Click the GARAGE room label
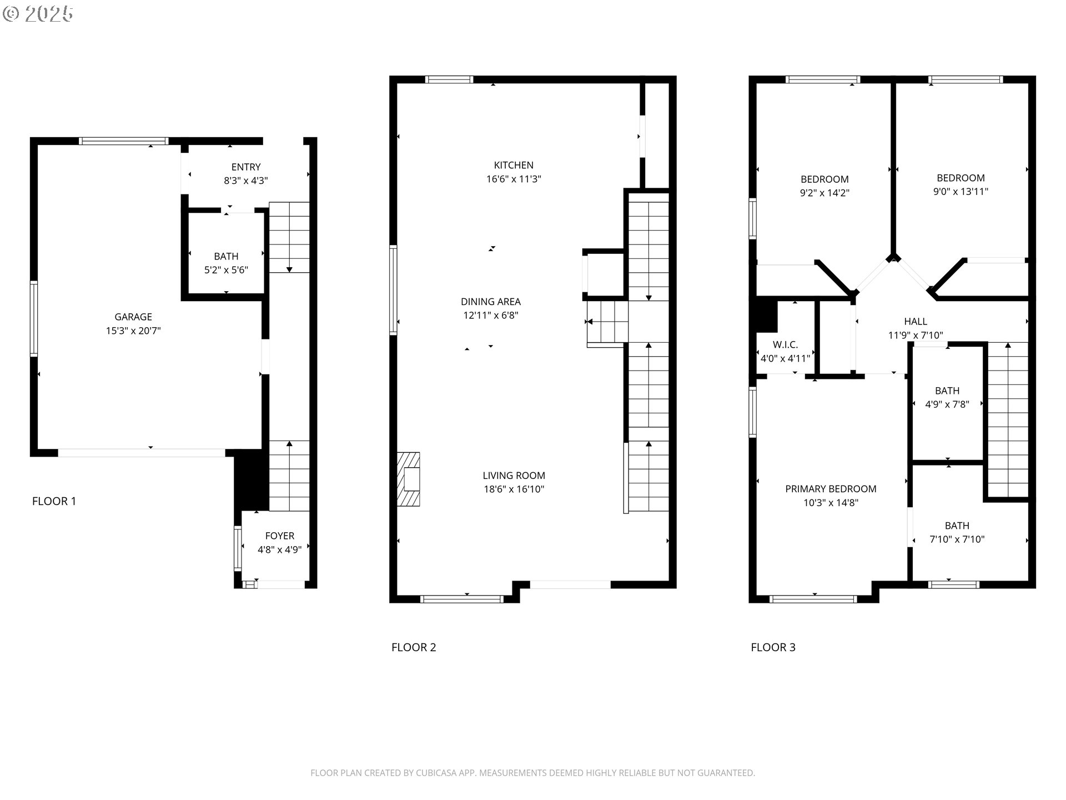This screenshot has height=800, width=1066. [x=133, y=317]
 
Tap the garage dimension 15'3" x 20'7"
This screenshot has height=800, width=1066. [x=133, y=331]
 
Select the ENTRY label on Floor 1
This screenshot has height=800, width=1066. [x=246, y=167]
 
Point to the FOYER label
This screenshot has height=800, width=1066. [x=280, y=536]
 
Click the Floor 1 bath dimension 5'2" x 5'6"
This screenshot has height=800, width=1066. [x=226, y=271]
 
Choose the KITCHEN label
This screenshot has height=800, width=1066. [x=514, y=165]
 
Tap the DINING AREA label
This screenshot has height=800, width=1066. [x=491, y=302]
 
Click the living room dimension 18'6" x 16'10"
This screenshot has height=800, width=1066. [x=514, y=489]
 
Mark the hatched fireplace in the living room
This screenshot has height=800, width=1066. [x=408, y=479]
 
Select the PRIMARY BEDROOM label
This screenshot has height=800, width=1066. [x=831, y=489]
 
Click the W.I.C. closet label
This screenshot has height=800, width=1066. [x=785, y=345]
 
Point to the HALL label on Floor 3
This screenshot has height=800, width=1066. [x=916, y=322]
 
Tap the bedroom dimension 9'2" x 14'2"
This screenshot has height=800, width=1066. [x=824, y=193]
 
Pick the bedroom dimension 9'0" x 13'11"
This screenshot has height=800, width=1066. [x=961, y=192]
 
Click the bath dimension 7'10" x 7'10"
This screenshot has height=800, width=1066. [x=957, y=539]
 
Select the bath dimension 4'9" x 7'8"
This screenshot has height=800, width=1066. [x=947, y=404]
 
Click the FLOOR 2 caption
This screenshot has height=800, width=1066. [x=414, y=647]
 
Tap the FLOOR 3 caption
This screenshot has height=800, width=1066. [x=773, y=647]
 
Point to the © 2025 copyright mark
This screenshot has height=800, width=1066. [x=38, y=14]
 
